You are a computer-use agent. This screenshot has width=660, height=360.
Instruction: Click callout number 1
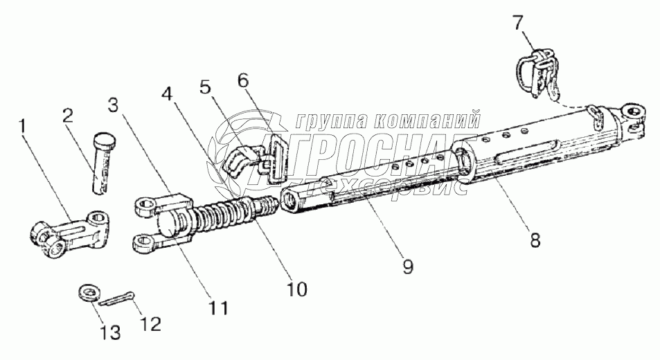(24, 126)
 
